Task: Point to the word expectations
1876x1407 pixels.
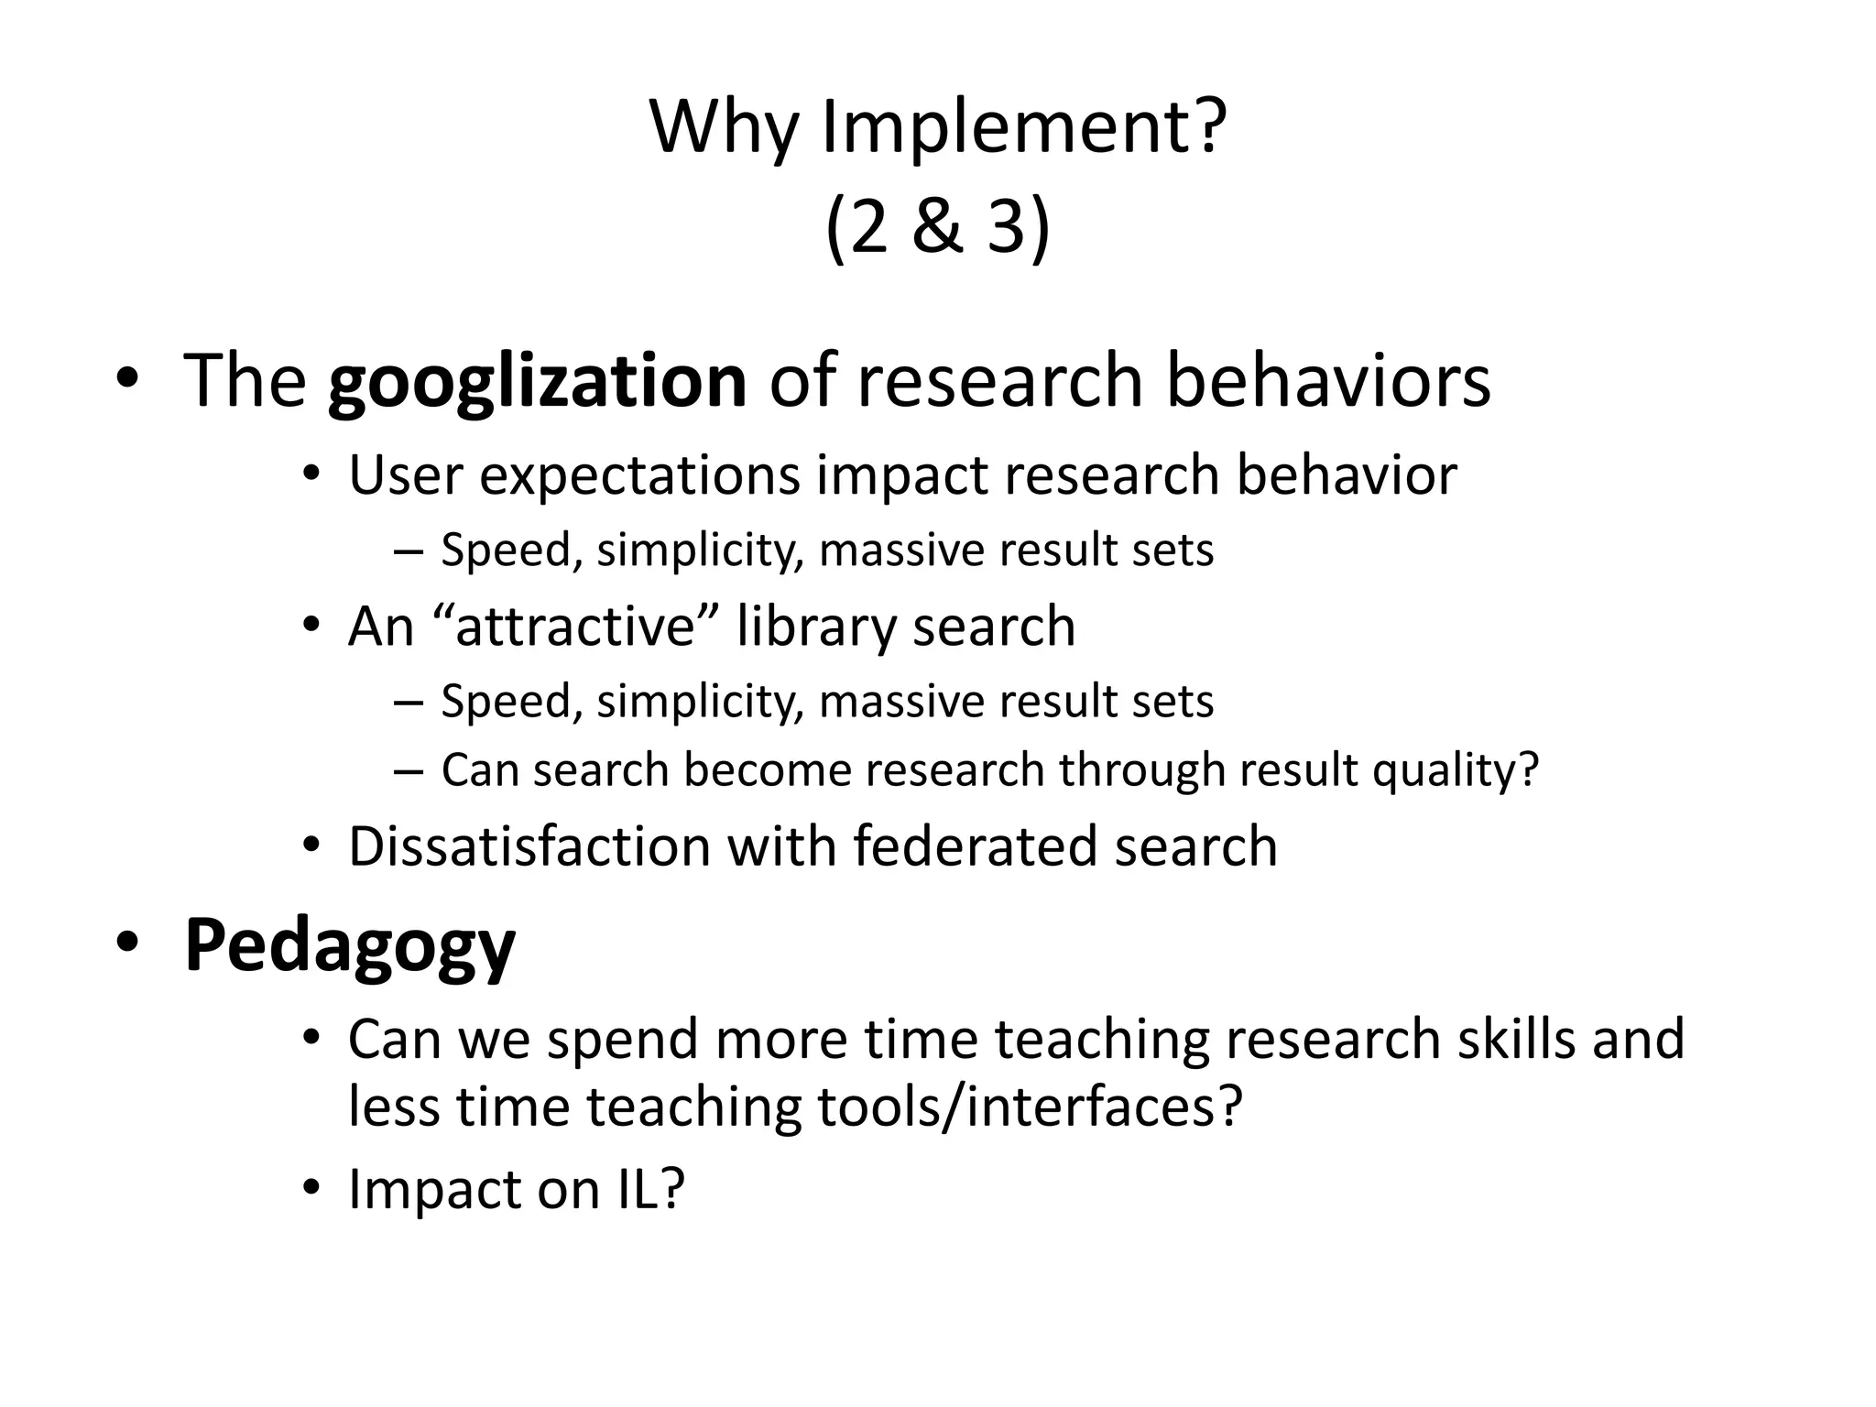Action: point(639,475)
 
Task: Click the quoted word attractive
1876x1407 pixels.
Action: point(585,627)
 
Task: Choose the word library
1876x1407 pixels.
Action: point(816,627)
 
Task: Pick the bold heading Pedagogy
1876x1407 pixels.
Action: point(350,945)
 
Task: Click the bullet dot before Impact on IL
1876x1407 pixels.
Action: point(311,1189)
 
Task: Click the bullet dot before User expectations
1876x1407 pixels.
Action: point(311,475)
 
